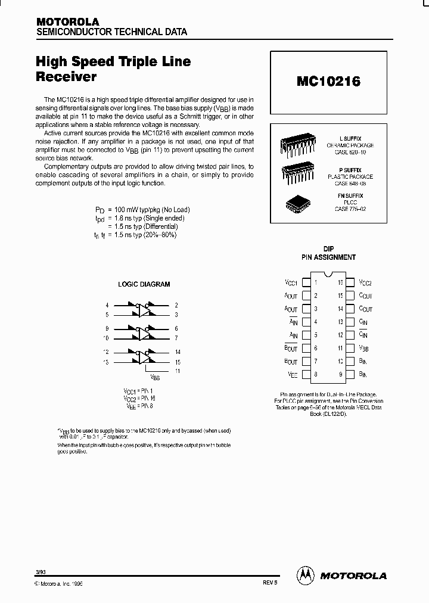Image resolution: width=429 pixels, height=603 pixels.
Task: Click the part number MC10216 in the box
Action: click(x=328, y=82)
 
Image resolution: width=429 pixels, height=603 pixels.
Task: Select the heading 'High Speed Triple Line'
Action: click(x=113, y=62)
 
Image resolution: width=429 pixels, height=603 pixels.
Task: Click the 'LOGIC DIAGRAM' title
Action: click(x=144, y=285)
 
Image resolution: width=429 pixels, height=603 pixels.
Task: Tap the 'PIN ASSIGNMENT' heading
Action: click(x=328, y=257)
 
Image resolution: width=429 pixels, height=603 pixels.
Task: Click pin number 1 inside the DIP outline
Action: click(x=316, y=282)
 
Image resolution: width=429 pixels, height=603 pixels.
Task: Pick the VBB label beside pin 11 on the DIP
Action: click(x=365, y=349)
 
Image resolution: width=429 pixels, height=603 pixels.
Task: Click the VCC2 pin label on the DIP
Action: click(x=365, y=283)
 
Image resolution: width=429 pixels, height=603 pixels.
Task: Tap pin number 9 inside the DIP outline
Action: click(x=341, y=375)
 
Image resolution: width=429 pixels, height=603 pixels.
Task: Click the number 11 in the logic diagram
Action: click(x=177, y=370)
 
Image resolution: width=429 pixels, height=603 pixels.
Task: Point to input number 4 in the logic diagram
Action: click(x=107, y=305)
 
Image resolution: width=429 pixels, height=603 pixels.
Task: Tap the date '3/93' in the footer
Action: click(x=41, y=572)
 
